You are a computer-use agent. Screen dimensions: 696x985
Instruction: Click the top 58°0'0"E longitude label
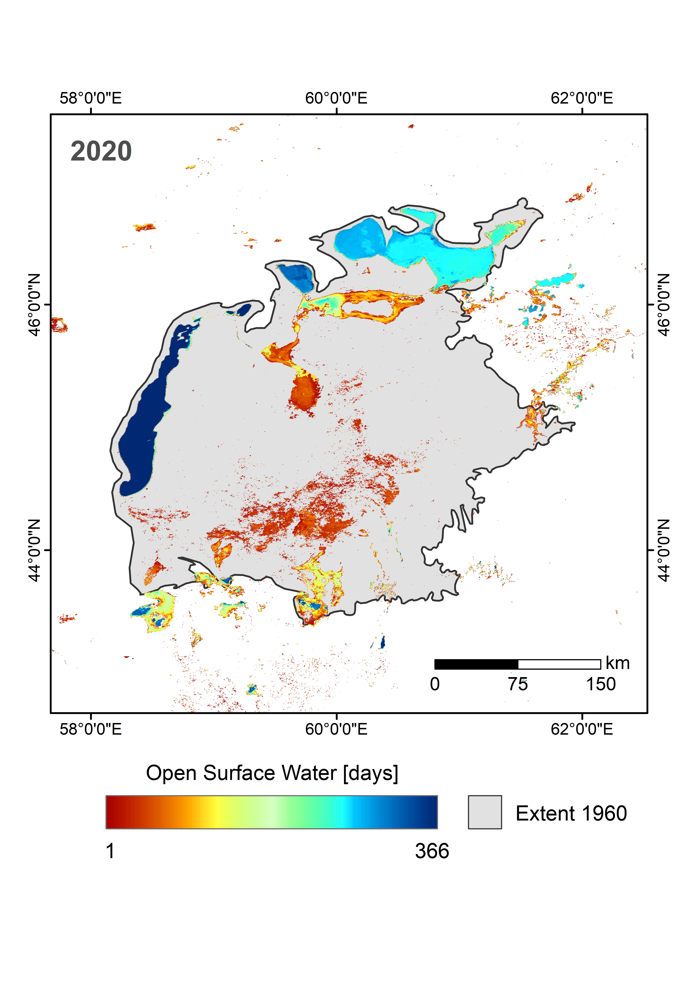pos(90,98)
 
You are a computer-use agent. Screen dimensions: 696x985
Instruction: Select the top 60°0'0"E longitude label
pos(336,98)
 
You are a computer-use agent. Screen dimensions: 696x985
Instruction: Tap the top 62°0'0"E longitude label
pos(582,98)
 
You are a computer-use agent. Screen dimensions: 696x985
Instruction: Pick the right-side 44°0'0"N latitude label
pos(663,550)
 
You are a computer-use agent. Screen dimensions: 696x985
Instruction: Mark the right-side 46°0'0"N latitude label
pos(663,305)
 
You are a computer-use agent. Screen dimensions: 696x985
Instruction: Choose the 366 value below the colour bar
pos(432,851)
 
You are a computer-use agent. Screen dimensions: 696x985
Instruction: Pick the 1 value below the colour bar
pos(110,851)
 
